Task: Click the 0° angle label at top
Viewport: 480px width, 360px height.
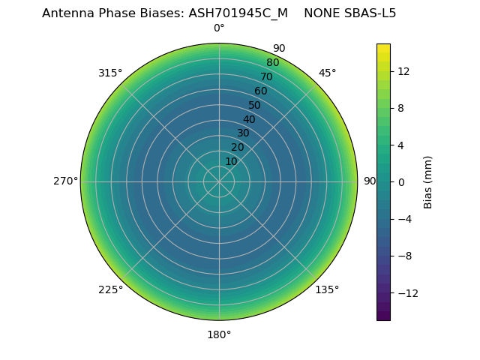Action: point(219,28)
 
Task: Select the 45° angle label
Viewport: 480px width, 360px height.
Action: point(327,73)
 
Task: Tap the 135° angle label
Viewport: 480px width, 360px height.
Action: point(327,289)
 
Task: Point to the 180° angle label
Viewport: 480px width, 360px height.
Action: point(219,334)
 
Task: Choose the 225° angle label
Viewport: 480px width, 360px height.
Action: point(110,289)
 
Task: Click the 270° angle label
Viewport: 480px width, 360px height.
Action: point(65,181)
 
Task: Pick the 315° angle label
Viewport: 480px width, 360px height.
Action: point(110,73)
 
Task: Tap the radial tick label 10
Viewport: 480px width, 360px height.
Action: point(231,161)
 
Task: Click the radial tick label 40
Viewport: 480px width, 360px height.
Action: point(249,119)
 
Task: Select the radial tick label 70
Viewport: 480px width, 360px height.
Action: point(266,76)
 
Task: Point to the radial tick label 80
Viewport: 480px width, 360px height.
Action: point(272,62)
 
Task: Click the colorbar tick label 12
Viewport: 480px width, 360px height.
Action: point(403,71)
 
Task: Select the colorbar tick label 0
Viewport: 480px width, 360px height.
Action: point(401,181)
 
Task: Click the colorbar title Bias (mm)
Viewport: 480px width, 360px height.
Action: point(428,181)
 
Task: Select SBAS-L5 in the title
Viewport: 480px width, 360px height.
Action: point(370,13)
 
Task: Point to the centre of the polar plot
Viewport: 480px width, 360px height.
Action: point(219,181)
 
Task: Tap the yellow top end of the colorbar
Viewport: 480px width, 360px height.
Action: point(383,46)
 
